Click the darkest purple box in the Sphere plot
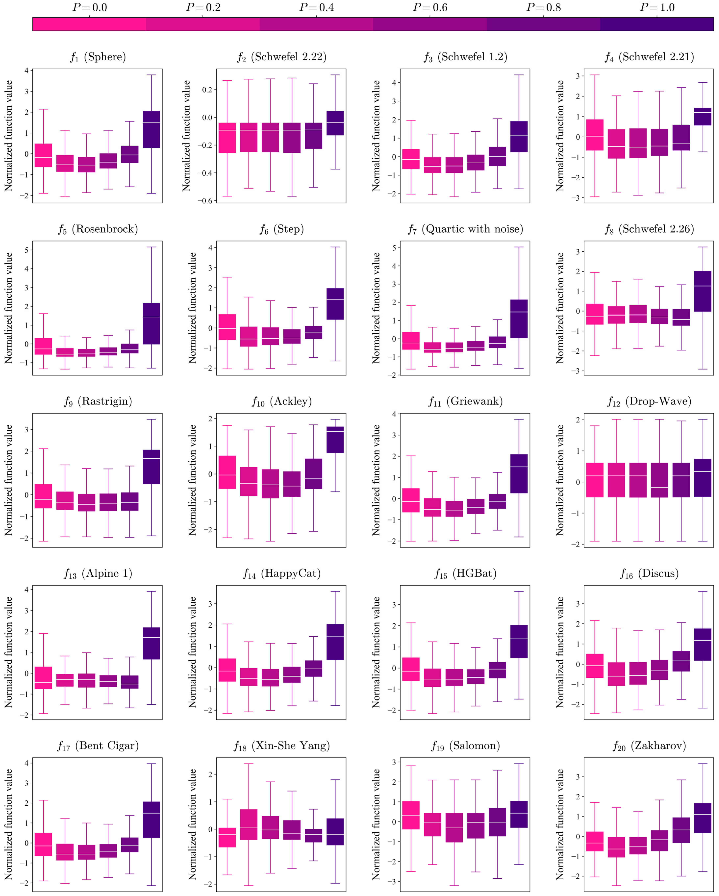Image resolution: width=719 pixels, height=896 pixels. (151, 129)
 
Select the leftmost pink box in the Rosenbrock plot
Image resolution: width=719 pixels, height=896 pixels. (43, 346)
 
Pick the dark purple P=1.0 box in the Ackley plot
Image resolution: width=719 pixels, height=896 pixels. (335, 439)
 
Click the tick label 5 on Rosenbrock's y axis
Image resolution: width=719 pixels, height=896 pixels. (27, 250)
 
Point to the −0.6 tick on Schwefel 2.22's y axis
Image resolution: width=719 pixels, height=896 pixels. (207, 201)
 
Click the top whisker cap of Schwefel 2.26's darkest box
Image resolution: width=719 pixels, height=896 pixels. (702, 247)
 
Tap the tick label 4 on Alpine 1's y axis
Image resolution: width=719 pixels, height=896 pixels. (27, 589)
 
